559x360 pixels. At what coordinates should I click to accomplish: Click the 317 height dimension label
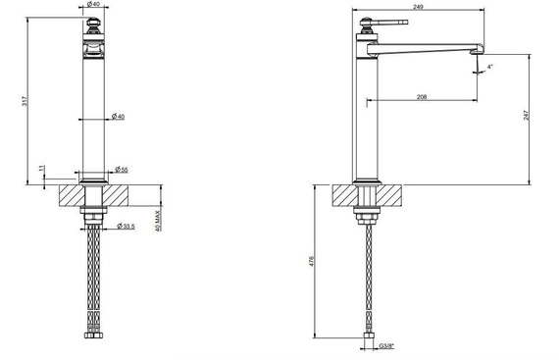tap(25, 101)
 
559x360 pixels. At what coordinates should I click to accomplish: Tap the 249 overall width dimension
tap(418, 7)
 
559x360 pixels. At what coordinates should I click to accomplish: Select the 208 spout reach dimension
tap(422, 96)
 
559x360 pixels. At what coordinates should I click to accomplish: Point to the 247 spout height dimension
tap(527, 115)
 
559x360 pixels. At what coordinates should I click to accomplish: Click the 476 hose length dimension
tap(311, 261)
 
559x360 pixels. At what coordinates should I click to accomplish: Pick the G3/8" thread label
tap(386, 345)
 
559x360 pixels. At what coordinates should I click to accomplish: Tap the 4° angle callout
tap(489, 67)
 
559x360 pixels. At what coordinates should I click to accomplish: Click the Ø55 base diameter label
tap(122, 170)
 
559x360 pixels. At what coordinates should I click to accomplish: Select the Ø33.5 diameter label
tap(126, 226)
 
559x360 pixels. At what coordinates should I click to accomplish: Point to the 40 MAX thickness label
tap(158, 221)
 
